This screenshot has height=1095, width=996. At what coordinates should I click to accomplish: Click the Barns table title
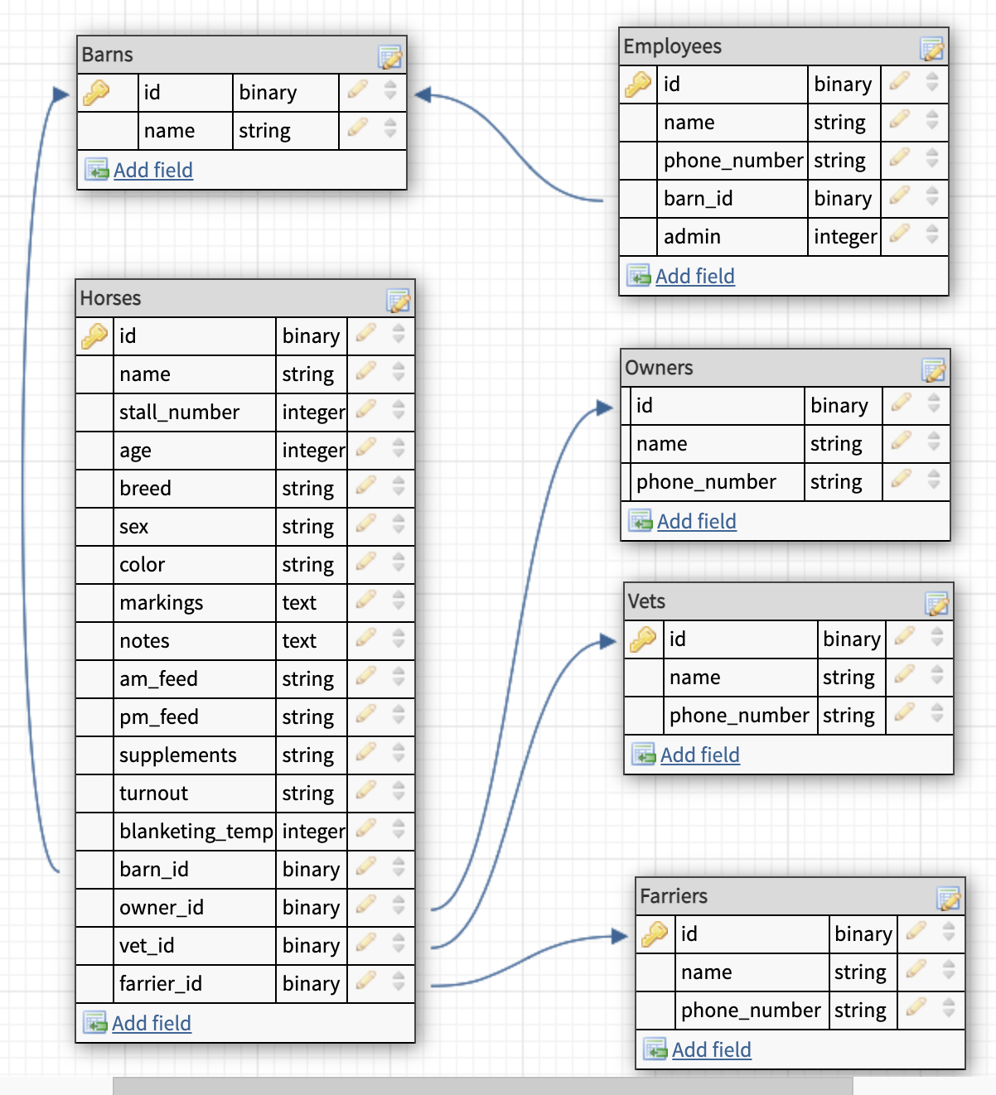[108, 55]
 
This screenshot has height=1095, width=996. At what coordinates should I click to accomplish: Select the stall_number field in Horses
[179, 412]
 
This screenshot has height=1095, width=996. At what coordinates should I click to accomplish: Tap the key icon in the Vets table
[643, 639]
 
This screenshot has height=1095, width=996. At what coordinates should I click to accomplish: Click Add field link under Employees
[694, 276]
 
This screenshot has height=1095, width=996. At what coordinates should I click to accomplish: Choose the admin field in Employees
[692, 237]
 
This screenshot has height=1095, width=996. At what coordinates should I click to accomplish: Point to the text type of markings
[299, 603]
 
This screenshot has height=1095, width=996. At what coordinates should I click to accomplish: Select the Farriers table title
[674, 896]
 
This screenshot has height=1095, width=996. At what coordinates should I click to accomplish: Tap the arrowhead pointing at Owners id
[605, 407]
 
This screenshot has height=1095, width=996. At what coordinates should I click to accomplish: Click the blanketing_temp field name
[196, 832]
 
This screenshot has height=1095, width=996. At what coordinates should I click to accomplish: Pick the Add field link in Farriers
[711, 1049]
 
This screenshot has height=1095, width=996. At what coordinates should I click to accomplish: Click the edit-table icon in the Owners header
[934, 369]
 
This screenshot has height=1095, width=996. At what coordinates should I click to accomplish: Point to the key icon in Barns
[96, 92]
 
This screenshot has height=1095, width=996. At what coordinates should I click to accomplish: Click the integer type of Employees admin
[844, 237]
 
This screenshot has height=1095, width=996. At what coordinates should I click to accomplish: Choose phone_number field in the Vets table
[739, 716]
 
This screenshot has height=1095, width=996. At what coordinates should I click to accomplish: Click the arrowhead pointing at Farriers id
[620, 936]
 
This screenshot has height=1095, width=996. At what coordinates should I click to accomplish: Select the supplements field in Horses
[178, 755]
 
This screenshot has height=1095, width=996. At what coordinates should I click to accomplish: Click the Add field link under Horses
[151, 1023]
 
